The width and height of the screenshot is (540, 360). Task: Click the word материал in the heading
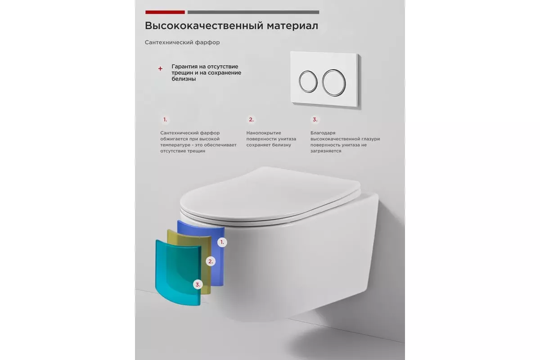point(292,26)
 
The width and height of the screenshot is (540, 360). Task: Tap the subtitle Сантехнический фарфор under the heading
point(182,42)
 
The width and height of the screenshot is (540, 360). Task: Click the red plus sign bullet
point(160,69)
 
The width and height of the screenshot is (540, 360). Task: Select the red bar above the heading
point(165,12)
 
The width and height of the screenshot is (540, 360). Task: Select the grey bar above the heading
point(253,12)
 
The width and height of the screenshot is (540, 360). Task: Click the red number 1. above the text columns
point(165,120)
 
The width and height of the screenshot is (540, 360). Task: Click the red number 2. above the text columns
point(251,120)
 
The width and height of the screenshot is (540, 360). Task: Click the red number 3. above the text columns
point(315,120)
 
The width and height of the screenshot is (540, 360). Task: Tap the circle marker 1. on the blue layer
point(221,242)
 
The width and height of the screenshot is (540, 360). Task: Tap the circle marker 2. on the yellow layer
point(211,261)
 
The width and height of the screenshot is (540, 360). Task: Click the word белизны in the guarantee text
point(184,79)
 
